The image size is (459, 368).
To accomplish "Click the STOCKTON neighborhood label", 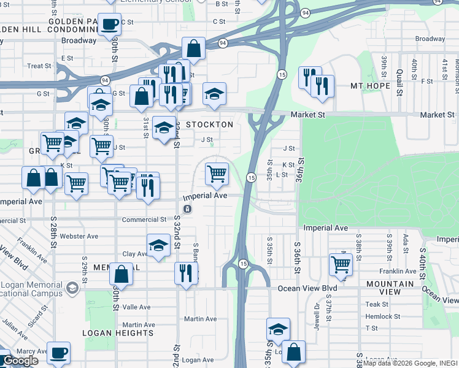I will tap(209, 125).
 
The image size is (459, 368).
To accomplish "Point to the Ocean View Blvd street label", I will tap(307, 288).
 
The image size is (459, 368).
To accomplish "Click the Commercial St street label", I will tap(144, 220).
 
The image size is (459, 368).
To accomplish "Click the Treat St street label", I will tap(39, 66).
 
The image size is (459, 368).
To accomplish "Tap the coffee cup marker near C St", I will tap(110, 25).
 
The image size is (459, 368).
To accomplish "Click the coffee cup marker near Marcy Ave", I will tap(58, 353).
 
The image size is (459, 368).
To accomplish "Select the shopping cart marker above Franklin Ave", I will tap(341, 264).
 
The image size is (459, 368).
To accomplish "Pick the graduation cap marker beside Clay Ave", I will tap(158, 246).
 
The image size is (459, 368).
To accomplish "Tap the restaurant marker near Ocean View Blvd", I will tap(186, 272).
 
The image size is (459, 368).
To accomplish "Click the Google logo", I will tap(20, 361).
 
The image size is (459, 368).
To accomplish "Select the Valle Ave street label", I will tap(136, 307).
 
